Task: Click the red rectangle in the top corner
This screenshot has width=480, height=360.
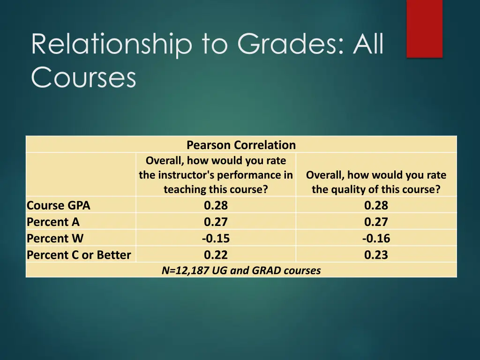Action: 424,28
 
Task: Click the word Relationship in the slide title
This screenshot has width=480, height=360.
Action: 112,45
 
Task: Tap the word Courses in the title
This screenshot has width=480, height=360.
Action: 83,77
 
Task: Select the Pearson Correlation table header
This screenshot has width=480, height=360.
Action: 241,145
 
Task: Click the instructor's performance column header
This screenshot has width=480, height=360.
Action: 216,175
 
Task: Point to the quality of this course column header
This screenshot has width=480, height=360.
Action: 376,182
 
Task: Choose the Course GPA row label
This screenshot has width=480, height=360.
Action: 59,205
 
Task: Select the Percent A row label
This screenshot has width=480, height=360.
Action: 53,222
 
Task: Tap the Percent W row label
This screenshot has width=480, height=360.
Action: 55,238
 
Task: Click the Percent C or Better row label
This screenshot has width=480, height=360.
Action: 79,255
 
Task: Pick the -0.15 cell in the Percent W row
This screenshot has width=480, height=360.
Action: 216,238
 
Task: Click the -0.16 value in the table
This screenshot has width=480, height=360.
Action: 376,238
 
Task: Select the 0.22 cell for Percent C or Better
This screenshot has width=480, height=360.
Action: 216,255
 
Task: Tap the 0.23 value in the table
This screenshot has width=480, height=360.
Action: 376,255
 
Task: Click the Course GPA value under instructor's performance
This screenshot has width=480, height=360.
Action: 216,205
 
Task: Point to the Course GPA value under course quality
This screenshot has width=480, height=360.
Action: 376,205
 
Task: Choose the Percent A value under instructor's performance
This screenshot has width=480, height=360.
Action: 216,222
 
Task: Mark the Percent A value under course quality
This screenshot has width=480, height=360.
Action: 376,222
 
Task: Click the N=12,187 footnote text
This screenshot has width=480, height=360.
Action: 241,270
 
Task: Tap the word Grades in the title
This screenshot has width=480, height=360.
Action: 290,45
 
